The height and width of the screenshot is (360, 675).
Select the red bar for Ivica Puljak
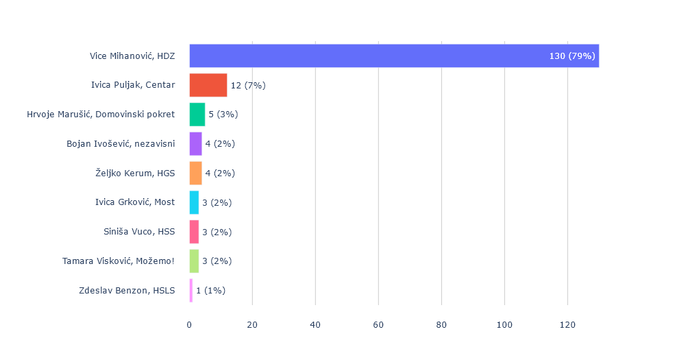[x=208, y=85]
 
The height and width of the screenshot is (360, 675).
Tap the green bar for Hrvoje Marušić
[x=197, y=115]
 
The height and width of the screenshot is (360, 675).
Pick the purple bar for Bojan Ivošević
[x=195, y=144]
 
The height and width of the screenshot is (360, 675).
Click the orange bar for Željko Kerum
[x=195, y=173]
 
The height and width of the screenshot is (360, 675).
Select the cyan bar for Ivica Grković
[x=194, y=202]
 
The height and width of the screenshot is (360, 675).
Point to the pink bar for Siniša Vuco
[x=194, y=232]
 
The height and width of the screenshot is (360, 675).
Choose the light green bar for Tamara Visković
[x=194, y=261]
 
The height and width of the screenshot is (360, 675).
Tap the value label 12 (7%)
[x=248, y=85]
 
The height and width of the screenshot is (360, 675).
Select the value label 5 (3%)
[x=223, y=115]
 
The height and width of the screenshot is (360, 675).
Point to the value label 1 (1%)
[x=210, y=290]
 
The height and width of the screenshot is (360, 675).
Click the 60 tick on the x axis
[x=378, y=325]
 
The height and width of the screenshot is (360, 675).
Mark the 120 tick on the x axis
[x=567, y=325]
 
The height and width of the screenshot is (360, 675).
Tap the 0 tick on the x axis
[x=190, y=325]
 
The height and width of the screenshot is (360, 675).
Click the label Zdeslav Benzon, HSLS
[x=127, y=290]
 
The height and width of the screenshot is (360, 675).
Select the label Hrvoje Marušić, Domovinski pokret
[x=101, y=115]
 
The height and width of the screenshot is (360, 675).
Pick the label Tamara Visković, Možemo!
[x=119, y=261]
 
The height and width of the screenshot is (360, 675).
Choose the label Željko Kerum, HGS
[x=135, y=173]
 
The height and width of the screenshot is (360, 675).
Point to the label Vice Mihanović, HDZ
[x=132, y=56]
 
